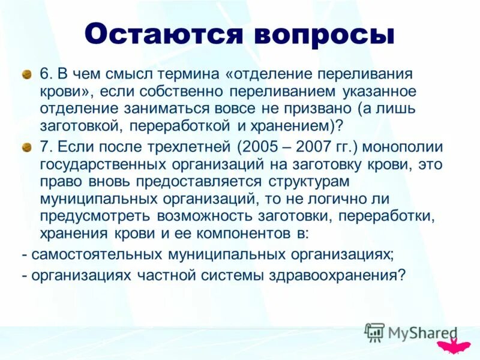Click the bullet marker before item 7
[x=26, y=147]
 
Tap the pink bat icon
[x=453, y=345]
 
